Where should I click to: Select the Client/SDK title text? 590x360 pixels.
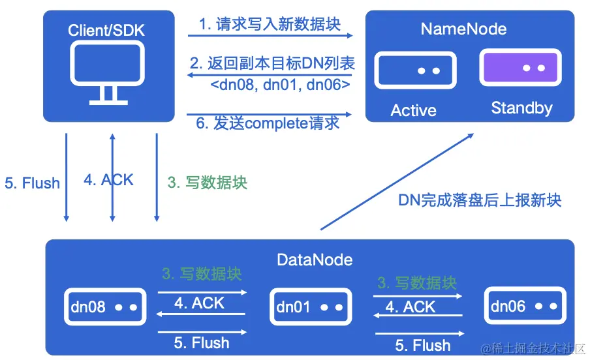click(108, 30)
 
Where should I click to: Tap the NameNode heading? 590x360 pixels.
click(463, 29)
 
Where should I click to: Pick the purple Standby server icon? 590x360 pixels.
click(520, 68)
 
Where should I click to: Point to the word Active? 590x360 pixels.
click(413, 110)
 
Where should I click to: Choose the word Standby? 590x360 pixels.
click(521, 108)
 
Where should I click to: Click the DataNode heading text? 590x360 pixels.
click(315, 260)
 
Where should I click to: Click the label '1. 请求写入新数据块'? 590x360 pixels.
click(270, 25)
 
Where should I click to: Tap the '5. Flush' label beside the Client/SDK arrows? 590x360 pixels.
click(32, 183)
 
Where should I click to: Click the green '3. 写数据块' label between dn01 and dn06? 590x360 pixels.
click(417, 283)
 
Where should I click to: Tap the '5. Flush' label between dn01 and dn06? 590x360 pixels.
click(423, 344)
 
